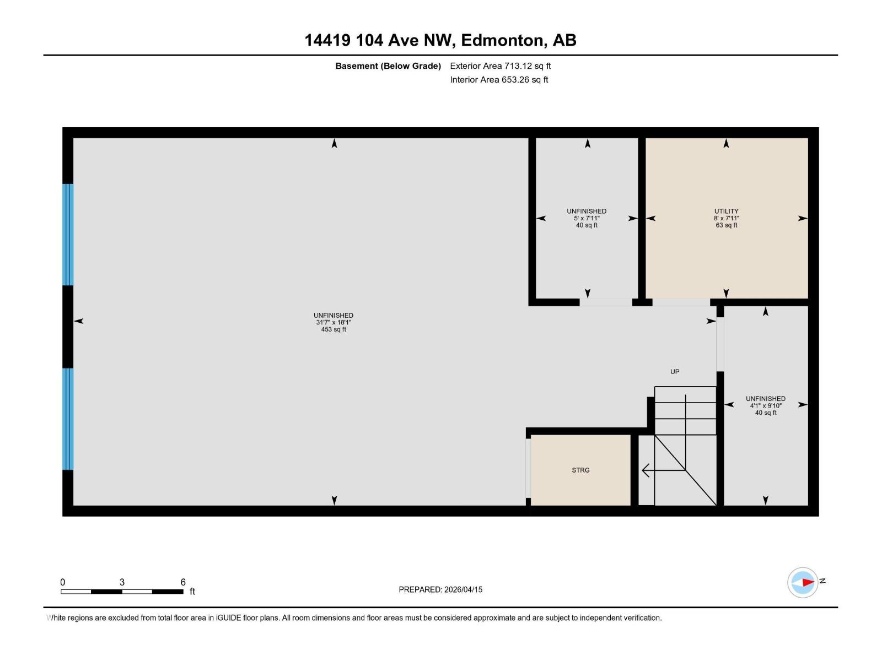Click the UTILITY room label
[x=726, y=211]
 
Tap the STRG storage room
[x=580, y=470]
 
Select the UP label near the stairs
[x=675, y=372]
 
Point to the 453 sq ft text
[x=334, y=329]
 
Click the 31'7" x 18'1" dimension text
[x=334, y=322]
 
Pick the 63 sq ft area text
[x=727, y=225]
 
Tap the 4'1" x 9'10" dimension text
[x=766, y=405]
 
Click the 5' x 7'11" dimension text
[x=587, y=218]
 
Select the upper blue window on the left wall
[x=68, y=235]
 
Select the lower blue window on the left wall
[x=68, y=419]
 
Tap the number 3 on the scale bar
[x=122, y=582]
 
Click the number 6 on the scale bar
[x=183, y=582]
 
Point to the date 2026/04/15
[x=463, y=589]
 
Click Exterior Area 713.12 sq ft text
[x=500, y=66]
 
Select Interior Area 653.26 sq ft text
[x=499, y=80]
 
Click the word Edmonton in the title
[x=503, y=40]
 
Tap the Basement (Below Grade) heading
[x=388, y=66]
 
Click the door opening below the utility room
[x=681, y=302]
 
